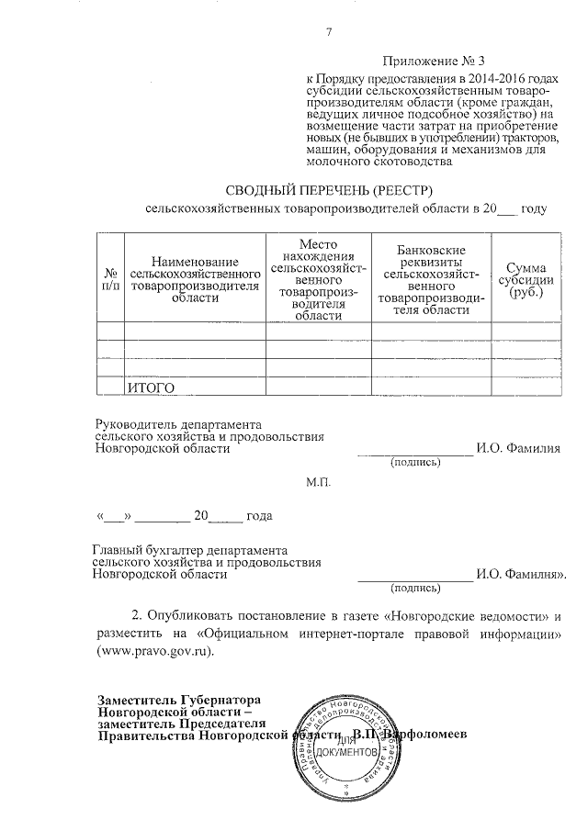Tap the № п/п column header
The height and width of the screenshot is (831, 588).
[110, 279]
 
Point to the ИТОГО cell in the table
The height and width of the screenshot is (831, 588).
[151, 388]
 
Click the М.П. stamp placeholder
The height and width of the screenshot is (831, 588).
[318, 481]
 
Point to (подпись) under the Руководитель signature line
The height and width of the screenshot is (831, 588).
[416, 462]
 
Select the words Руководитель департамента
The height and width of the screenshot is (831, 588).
[178, 425]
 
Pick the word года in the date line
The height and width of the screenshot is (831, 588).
[259, 515]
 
